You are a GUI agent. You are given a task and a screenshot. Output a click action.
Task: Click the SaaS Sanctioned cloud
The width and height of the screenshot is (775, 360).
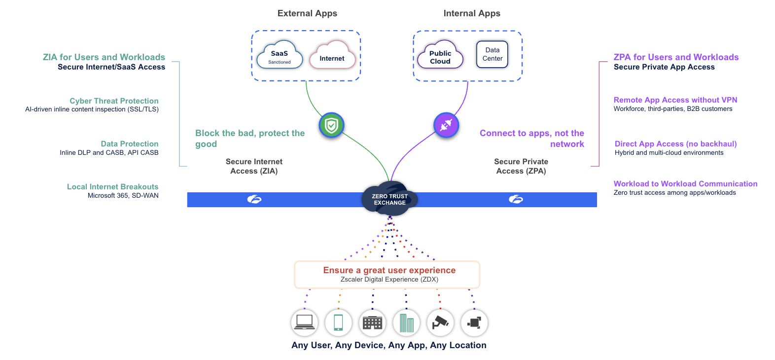pos(280,56)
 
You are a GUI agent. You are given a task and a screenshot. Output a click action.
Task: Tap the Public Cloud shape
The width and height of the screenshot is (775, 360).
pos(440,56)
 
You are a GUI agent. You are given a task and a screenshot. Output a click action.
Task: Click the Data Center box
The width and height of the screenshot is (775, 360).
pos(492,54)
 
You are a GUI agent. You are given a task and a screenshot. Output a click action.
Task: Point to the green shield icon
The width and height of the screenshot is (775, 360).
pos(331,126)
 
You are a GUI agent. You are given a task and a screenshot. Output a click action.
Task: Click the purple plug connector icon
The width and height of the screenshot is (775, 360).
pos(446,125)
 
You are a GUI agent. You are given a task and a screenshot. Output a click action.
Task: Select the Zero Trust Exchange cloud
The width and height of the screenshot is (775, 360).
pos(389,199)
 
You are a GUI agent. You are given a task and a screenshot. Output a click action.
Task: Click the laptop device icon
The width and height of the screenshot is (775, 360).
pos(304,323)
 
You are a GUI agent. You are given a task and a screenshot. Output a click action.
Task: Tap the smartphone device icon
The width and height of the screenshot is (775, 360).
pos(338,323)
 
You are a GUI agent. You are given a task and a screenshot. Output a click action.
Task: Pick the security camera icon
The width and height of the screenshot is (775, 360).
pos(440,323)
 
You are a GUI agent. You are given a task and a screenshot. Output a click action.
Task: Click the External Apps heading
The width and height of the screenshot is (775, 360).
pos(307,13)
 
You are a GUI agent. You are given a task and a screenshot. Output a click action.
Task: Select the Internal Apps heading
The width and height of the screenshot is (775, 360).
pos(472,13)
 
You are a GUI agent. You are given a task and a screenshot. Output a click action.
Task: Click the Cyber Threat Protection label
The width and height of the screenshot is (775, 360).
pos(114,101)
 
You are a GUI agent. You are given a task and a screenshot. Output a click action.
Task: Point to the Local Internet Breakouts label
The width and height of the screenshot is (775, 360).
pos(112,187)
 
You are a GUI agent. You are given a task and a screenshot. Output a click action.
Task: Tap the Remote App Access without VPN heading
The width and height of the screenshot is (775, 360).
pos(675,100)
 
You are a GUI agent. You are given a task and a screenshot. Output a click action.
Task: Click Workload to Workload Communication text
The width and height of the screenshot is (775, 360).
pos(685,184)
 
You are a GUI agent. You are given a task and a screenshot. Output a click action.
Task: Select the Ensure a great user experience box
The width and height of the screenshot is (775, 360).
pos(387,274)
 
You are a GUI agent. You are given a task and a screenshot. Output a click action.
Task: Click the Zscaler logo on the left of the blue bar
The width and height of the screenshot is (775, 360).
pos(254,199)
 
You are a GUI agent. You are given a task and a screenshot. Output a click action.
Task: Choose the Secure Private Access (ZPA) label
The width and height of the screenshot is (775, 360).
pos(521,166)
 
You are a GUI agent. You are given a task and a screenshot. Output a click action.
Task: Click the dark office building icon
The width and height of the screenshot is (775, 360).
pos(372,323)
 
